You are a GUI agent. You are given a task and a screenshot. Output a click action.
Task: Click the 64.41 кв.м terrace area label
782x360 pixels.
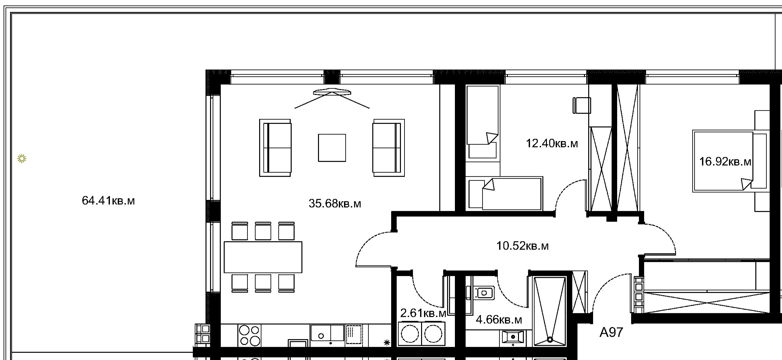pos(108,201)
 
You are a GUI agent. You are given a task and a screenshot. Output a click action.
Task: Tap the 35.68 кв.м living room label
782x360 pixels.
pos(335,204)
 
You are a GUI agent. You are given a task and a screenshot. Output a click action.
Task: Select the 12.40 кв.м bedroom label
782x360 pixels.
pos(552,143)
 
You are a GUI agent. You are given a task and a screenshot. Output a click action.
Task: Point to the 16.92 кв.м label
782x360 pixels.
pos(725,161)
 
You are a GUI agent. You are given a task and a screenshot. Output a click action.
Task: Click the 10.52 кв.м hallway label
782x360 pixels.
pos(523,246)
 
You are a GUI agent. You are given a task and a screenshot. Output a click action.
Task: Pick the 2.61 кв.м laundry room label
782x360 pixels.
pos(423,313)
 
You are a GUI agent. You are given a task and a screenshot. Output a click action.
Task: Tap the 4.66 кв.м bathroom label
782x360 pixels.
pos(499,320)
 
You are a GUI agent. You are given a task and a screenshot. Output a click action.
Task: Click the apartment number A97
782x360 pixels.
pos(611,332)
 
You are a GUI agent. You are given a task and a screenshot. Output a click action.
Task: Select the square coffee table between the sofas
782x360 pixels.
pos(332,148)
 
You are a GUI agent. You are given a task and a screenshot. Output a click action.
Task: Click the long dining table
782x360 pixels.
pos(263,257)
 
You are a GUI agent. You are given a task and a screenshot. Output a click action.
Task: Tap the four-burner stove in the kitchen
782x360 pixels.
pos(249,335)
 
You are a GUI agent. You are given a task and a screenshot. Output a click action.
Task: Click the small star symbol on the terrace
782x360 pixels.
pos(22,159)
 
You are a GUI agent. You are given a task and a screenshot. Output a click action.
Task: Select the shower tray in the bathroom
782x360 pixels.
pos(550,311)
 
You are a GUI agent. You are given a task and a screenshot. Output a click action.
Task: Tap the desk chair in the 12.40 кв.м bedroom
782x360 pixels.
pos(582,105)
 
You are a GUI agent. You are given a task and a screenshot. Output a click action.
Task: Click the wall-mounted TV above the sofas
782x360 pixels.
pos(332,92)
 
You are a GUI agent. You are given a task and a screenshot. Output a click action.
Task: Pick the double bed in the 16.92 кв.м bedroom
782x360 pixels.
pos(731,161)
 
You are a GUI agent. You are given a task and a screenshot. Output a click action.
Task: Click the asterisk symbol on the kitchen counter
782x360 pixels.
pos(387,342)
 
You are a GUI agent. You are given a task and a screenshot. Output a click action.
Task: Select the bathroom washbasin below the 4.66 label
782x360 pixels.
pos(513,337)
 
